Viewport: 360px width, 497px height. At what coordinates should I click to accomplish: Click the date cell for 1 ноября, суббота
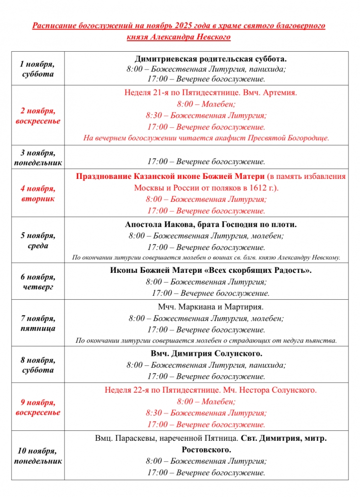pyautogui.click(x=38, y=70)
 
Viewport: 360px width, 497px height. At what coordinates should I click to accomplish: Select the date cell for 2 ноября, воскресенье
pyautogui.click(x=38, y=116)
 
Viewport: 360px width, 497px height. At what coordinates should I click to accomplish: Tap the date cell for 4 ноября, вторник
pyautogui.click(x=38, y=193)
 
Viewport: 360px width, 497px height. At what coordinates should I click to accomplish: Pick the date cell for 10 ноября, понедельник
pyautogui.click(x=38, y=456)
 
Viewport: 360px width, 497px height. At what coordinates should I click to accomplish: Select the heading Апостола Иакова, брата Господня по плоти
pyautogui.click(x=210, y=224)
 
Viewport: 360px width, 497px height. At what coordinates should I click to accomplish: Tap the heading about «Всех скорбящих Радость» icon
pyautogui.click(x=210, y=270)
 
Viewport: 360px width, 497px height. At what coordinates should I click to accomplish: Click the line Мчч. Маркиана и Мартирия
pyautogui.click(x=210, y=307)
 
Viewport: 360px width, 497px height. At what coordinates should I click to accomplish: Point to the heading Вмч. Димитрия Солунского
pyautogui.click(x=206, y=353)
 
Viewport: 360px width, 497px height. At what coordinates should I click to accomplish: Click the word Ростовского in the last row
pyautogui.click(x=206, y=450)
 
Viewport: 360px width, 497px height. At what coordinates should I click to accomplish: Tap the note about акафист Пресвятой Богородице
pyautogui.click(x=206, y=138)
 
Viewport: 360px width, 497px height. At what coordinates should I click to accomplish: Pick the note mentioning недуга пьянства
pyautogui.click(x=206, y=340)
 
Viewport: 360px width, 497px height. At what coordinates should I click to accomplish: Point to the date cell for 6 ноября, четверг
pyautogui.click(x=38, y=282)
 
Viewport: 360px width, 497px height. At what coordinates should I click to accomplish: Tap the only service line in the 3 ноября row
pyautogui.click(x=206, y=162)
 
